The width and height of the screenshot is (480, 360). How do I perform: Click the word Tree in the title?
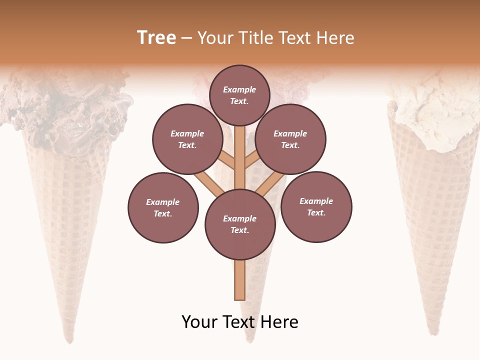[x=156, y=38]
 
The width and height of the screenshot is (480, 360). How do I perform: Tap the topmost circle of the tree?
[x=239, y=95]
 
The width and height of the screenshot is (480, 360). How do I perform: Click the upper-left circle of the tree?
[x=187, y=139]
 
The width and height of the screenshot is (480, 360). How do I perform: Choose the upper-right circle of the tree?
[x=290, y=139]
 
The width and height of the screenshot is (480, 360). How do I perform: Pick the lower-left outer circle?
[x=163, y=207]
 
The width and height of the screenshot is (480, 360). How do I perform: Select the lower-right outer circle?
[x=316, y=206]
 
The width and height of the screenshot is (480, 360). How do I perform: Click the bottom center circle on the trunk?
[x=240, y=224]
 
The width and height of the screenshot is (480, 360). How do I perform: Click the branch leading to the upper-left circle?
[x=226, y=161]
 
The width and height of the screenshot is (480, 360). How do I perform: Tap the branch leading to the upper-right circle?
[x=252, y=161]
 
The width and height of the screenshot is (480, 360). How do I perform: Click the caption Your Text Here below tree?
[x=240, y=322]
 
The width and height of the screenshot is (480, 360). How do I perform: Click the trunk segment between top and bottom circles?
[x=239, y=157]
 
